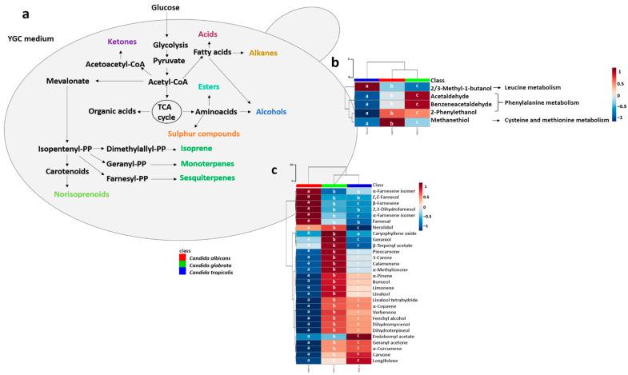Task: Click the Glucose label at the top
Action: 166,8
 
